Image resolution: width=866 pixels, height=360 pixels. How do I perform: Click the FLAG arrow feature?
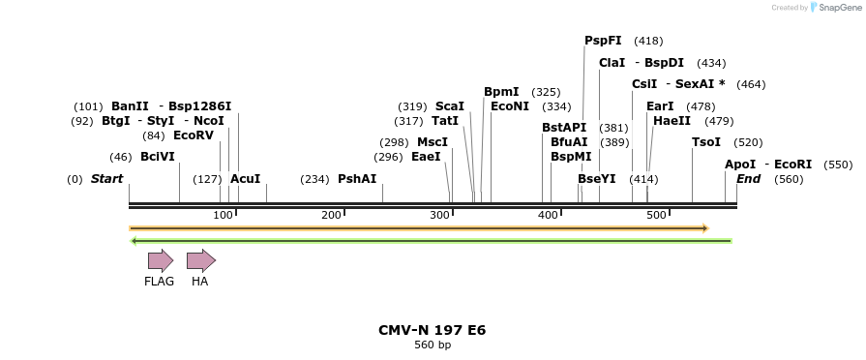(160, 260)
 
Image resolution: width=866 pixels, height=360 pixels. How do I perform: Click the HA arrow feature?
(200, 260)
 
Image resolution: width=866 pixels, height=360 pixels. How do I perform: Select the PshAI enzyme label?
(357, 179)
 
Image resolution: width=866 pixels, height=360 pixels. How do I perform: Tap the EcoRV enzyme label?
(193, 135)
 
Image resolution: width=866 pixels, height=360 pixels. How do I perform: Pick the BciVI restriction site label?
(158, 157)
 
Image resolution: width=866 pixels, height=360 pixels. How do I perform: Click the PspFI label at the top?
(603, 41)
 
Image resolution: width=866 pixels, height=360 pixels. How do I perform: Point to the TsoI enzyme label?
(706, 142)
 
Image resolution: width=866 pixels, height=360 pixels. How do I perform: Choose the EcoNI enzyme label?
(510, 106)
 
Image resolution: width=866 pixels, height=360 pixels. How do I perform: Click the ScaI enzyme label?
(450, 106)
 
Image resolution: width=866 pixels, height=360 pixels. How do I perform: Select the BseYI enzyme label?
(596, 179)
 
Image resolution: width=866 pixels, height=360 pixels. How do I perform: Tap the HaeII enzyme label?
(672, 121)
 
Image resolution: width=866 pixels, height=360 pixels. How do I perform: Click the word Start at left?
(106, 179)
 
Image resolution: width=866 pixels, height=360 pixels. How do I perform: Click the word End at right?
(748, 179)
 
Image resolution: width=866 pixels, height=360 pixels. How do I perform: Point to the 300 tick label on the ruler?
(440, 214)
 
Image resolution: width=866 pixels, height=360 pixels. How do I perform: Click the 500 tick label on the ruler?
(657, 214)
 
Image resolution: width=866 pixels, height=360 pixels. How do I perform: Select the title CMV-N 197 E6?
(432, 330)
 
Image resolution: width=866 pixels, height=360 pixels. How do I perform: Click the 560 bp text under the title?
(433, 345)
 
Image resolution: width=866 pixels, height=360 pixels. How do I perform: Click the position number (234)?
(314, 179)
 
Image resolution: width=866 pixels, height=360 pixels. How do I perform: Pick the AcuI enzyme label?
(245, 179)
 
